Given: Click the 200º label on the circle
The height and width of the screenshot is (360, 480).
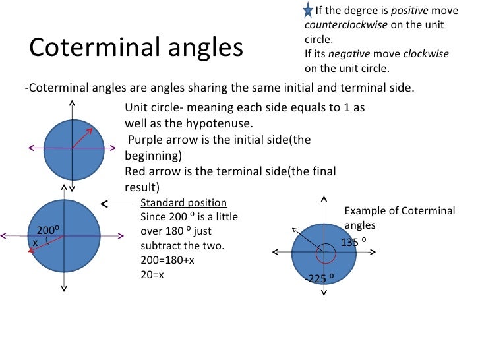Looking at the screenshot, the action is click(x=48, y=231).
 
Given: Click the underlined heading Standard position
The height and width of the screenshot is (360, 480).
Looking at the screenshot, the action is click(x=184, y=203).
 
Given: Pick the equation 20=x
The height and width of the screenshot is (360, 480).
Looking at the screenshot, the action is click(x=153, y=274).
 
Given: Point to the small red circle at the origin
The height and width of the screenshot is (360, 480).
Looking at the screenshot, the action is click(x=323, y=253).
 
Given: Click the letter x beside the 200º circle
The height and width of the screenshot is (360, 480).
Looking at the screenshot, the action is click(x=35, y=243).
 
